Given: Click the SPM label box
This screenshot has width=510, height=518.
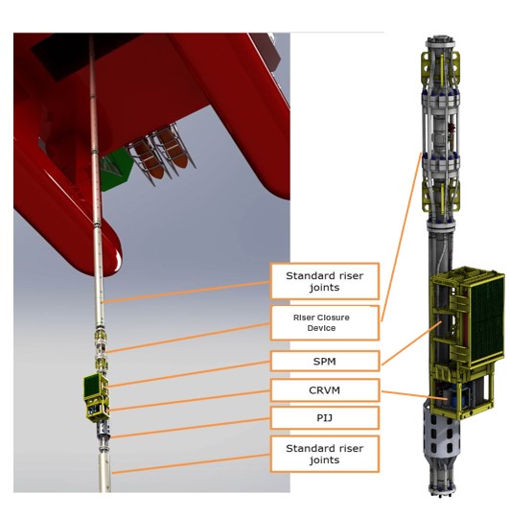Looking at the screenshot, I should [324, 362].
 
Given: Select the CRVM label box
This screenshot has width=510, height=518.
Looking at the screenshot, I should [324, 389].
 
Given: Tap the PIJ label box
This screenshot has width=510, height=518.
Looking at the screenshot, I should [324, 417].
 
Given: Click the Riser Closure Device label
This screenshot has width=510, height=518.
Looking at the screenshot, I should [324, 320].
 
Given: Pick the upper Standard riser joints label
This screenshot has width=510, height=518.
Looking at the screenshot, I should [324, 281].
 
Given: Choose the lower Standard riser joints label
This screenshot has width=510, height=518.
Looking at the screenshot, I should [324, 453].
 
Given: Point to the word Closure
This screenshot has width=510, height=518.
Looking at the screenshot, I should [335, 314].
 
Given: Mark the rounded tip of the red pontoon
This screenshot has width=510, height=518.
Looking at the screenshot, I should [104, 259].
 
